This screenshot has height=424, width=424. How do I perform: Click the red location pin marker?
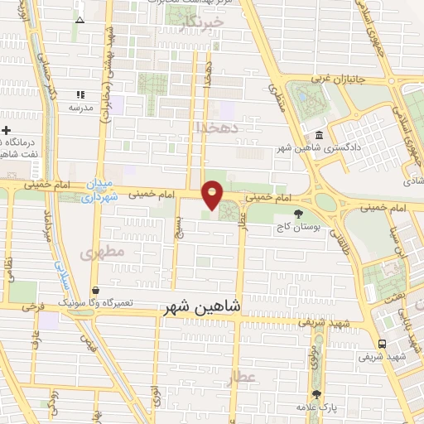(213, 195)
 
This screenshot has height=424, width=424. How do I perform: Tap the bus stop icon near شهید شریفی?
(381, 344)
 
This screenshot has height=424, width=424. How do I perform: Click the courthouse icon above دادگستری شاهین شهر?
(319, 136)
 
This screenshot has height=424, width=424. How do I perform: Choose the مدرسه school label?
(80, 108)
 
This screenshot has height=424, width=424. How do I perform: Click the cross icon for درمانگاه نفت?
(6, 131)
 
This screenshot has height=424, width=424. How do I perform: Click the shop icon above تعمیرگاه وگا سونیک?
(97, 291)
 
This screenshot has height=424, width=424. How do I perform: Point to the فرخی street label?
(34, 307)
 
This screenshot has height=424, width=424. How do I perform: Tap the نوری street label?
(156, 393)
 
